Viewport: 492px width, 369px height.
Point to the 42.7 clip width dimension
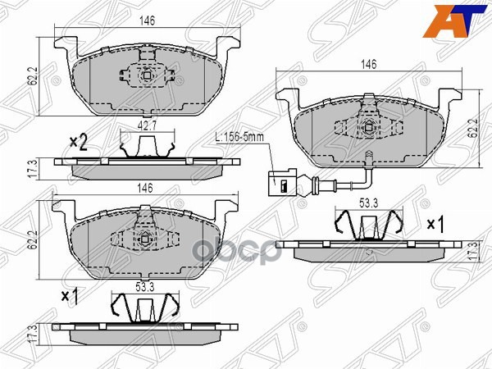[x=147, y=126]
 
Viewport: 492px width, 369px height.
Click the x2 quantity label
[x=78, y=143]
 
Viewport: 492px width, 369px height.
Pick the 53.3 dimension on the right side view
[x=369, y=203]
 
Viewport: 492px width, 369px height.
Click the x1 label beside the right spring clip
[x=435, y=223]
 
